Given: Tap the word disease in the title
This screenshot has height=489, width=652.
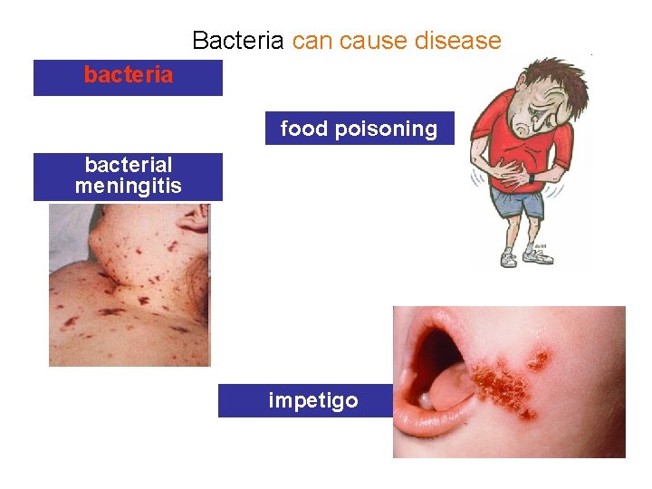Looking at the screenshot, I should pos(459,41).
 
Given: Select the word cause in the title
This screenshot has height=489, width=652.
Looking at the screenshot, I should pos(376,41).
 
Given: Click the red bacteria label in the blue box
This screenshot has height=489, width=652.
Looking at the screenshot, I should pos(128,75).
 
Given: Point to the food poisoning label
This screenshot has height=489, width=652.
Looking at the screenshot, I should pos(359,129).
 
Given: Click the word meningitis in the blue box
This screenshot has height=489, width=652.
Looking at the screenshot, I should pos(128,187).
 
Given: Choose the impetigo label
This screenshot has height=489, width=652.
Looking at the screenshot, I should pos(313,400).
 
